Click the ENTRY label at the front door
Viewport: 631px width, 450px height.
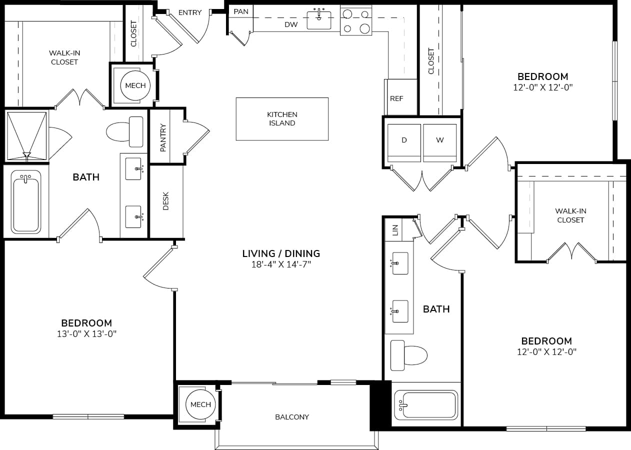tap(189, 12)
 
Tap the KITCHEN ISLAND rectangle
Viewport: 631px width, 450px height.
tap(282, 119)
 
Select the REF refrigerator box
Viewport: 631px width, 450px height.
tap(396, 98)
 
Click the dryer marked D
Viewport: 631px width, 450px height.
tap(404, 142)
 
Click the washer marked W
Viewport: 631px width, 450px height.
tap(440, 142)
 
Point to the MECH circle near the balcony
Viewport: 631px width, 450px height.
tap(200, 404)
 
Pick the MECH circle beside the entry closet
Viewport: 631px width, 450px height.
tap(135, 85)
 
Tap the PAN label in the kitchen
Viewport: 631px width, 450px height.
tap(241, 11)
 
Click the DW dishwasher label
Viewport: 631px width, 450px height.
tap(291, 24)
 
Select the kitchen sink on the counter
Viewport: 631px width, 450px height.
tap(318, 19)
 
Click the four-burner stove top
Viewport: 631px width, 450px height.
tap(356, 21)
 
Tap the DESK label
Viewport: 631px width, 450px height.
tap(166, 201)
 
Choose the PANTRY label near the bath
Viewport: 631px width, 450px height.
tap(163, 137)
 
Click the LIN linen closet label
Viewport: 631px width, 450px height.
tap(395, 230)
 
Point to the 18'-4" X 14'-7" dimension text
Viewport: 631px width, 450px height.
tap(281, 265)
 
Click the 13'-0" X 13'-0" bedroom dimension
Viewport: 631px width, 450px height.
tap(86, 334)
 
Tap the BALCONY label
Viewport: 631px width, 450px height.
tap(292, 417)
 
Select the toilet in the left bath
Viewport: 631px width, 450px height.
tap(125, 132)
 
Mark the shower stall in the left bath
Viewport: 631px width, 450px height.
tap(26, 135)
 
